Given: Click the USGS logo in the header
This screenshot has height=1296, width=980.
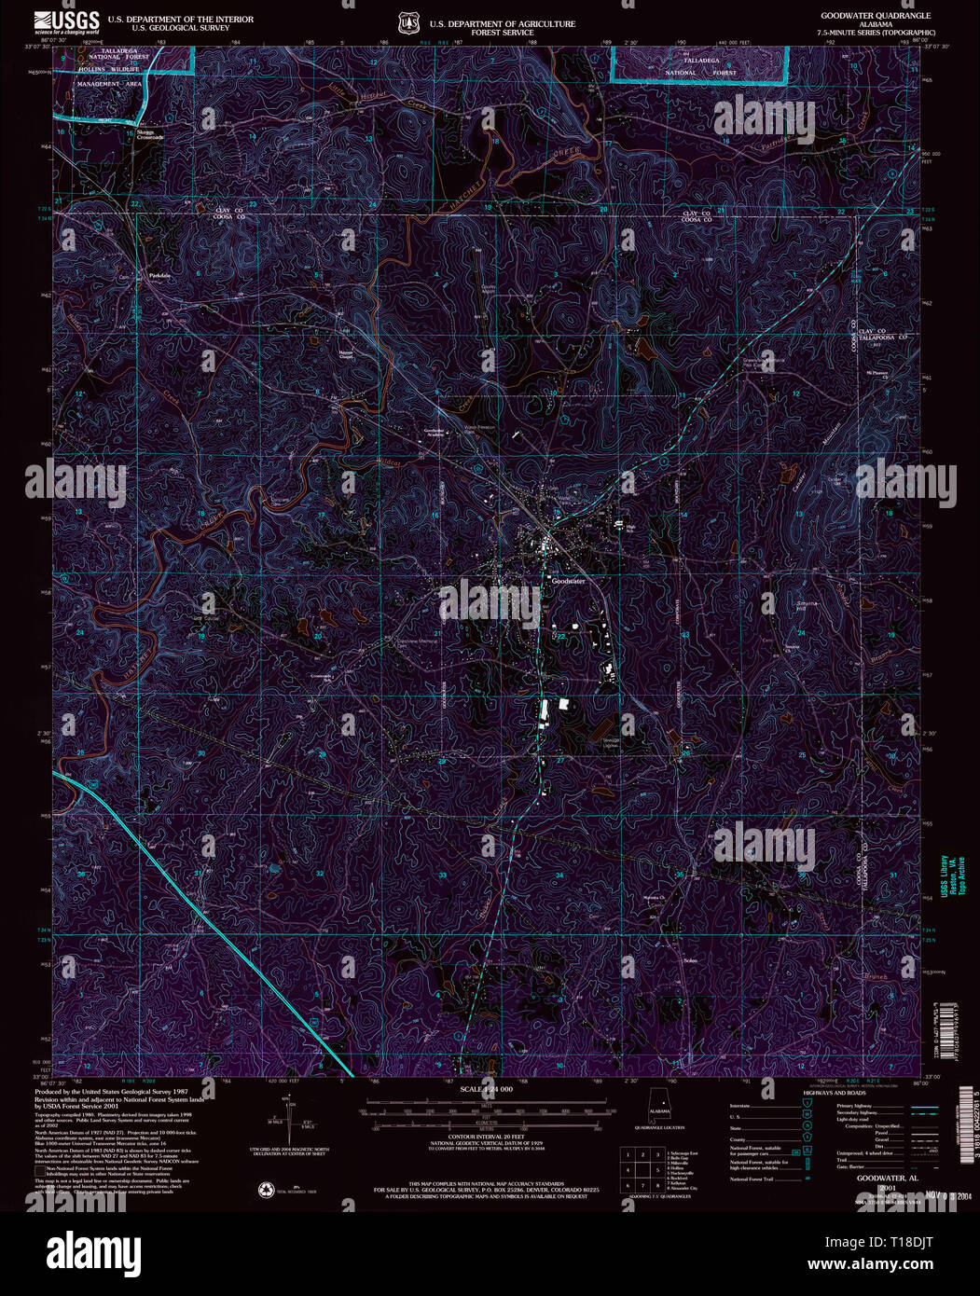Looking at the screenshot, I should (66, 21).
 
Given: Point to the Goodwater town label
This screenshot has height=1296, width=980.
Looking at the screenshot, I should (568, 581).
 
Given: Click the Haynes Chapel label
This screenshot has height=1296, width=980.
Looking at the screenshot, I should (346, 355).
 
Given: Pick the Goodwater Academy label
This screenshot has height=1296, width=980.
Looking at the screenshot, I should (429, 432).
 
